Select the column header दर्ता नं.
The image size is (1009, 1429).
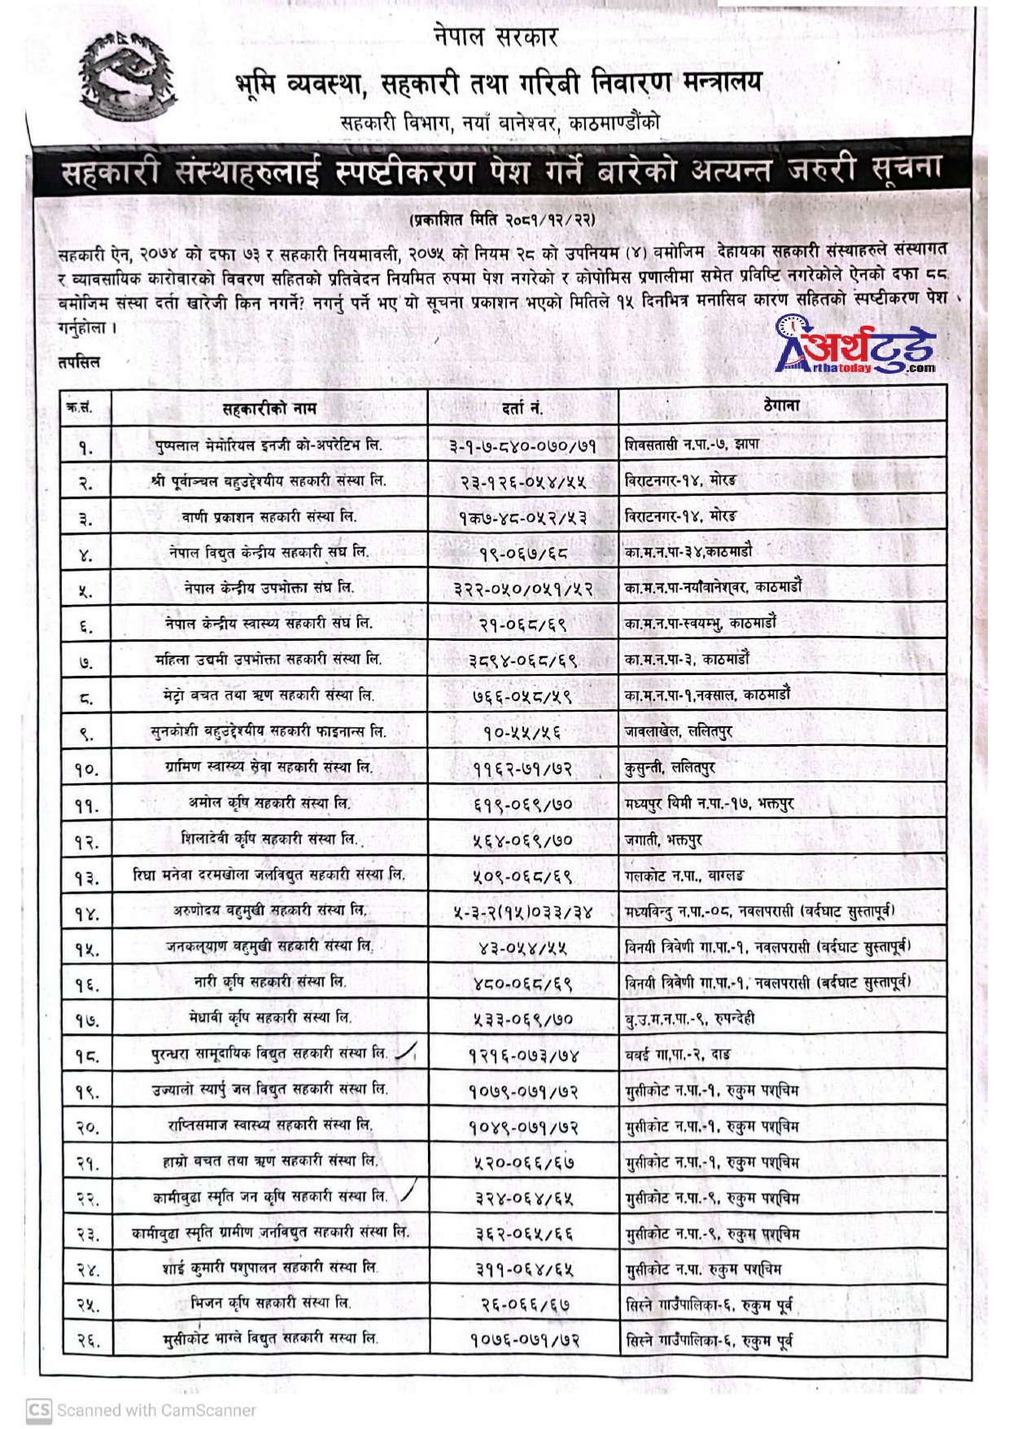[522, 407]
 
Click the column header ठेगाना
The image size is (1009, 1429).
[781, 405]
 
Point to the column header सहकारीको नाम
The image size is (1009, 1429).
[269, 407]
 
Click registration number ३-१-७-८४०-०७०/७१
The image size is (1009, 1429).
[522, 445]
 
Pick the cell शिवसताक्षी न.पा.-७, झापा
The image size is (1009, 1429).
[692, 445]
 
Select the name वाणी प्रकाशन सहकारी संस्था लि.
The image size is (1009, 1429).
[269, 517]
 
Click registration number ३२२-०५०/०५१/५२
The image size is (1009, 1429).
[523, 589]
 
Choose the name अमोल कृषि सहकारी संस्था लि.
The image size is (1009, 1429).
[269, 803]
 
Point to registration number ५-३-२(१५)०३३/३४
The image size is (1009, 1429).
[523, 912]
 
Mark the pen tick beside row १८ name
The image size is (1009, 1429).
[405, 1054]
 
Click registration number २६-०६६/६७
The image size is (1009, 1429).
[523, 1304]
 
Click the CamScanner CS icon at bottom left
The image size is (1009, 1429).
[37, 1409]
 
